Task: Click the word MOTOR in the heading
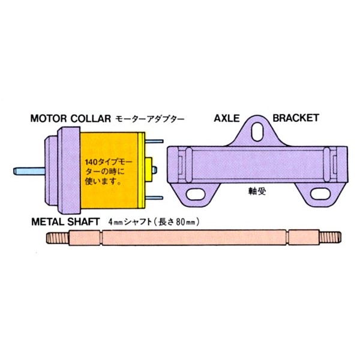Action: (x=49, y=118)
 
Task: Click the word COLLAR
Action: (x=91, y=118)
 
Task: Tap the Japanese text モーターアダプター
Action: (x=149, y=119)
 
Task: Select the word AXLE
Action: (x=227, y=118)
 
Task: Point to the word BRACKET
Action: (x=296, y=118)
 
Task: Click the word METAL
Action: (x=48, y=222)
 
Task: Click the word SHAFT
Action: (x=84, y=222)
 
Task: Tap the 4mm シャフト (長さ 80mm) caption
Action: (x=154, y=222)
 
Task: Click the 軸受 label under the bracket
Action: (x=257, y=191)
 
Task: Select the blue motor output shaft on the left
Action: (x=29, y=171)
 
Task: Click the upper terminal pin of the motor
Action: (x=154, y=141)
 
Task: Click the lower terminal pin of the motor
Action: (x=154, y=197)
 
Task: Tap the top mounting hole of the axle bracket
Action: (x=257, y=131)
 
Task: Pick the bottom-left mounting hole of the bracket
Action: (x=196, y=194)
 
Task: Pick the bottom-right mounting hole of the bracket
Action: (x=320, y=194)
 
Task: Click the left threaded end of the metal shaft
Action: (x=58, y=238)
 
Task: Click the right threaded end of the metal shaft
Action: (x=330, y=238)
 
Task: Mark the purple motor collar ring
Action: (x=68, y=170)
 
